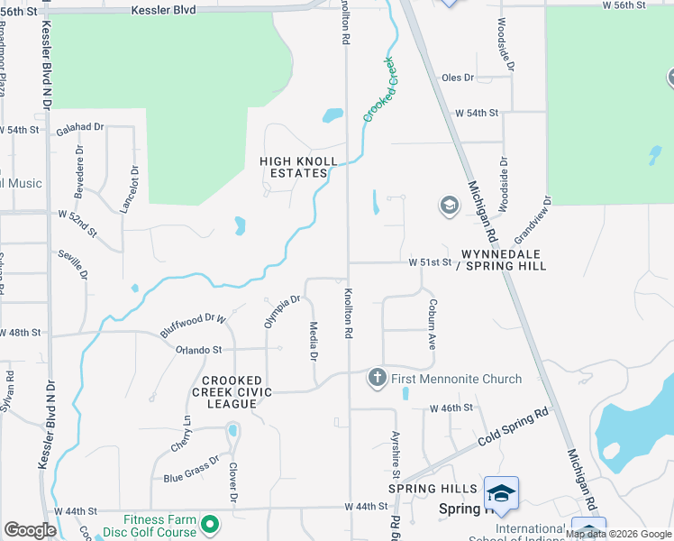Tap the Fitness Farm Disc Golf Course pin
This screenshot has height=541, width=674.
[210, 523]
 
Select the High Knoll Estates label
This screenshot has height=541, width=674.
[298, 167]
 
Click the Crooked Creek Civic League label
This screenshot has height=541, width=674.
[232, 392]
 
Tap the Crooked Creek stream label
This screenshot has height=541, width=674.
[380, 89]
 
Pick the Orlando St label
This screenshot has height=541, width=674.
[198, 350]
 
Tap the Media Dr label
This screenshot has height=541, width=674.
[314, 342]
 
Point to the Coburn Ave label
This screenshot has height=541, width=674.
[432, 326]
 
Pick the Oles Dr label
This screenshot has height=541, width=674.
[457, 78]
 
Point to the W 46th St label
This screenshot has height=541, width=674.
[451, 408]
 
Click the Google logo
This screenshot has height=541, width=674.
[30, 530]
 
